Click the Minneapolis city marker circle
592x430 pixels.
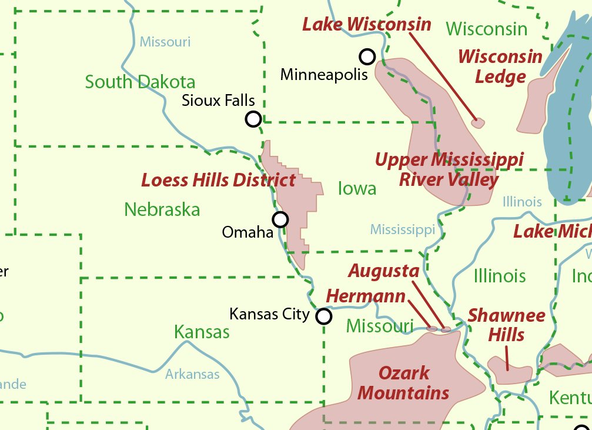[x=367, y=56]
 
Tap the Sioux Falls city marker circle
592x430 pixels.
[x=253, y=119]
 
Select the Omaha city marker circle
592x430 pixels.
[x=281, y=219]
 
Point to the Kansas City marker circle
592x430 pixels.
[x=324, y=316]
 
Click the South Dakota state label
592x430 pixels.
[x=140, y=82]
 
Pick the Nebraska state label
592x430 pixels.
[x=162, y=209]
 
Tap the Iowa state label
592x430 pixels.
[x=357, y=188]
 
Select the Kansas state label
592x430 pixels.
[x=202, y=332]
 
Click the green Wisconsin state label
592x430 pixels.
[x=486, y=28]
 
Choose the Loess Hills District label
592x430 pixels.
[x=218, y=180]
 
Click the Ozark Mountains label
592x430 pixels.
[x=403, y=382]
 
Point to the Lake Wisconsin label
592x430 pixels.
[x=367, y=25]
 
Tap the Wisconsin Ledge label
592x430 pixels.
[x=500, y=66]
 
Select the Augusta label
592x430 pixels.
[x=383, y=271]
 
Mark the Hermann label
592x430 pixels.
[x=366, y=296]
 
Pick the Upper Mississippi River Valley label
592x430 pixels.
[x=449, y=169]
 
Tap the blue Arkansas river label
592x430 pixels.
[x=192, y=374]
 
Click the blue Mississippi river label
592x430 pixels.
[x=403, y=229]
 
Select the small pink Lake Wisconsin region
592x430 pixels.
[x=479, y=123]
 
